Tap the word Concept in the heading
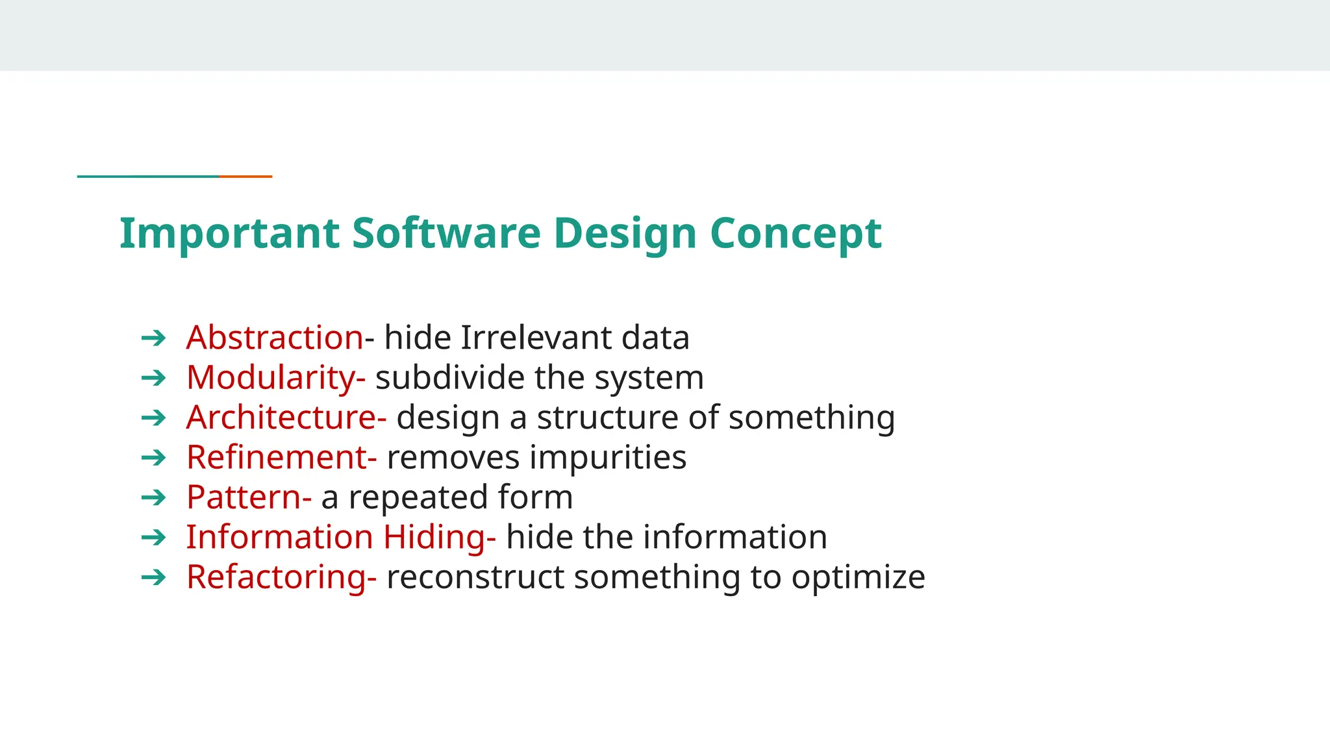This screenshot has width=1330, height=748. coord(796,233)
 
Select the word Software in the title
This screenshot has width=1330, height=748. coord(446,233)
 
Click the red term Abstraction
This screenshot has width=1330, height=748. coord(275,338)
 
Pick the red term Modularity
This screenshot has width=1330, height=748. coord(271,378)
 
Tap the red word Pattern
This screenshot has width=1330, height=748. coord(244,497)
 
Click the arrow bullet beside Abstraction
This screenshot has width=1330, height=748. coord(154,338)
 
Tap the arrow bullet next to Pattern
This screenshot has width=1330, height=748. coord(154,497)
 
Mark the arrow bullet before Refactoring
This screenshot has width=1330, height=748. coord(154,577)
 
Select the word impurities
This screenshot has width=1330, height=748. coord(608,457)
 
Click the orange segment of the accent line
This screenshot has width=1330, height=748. coord(245,176)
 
